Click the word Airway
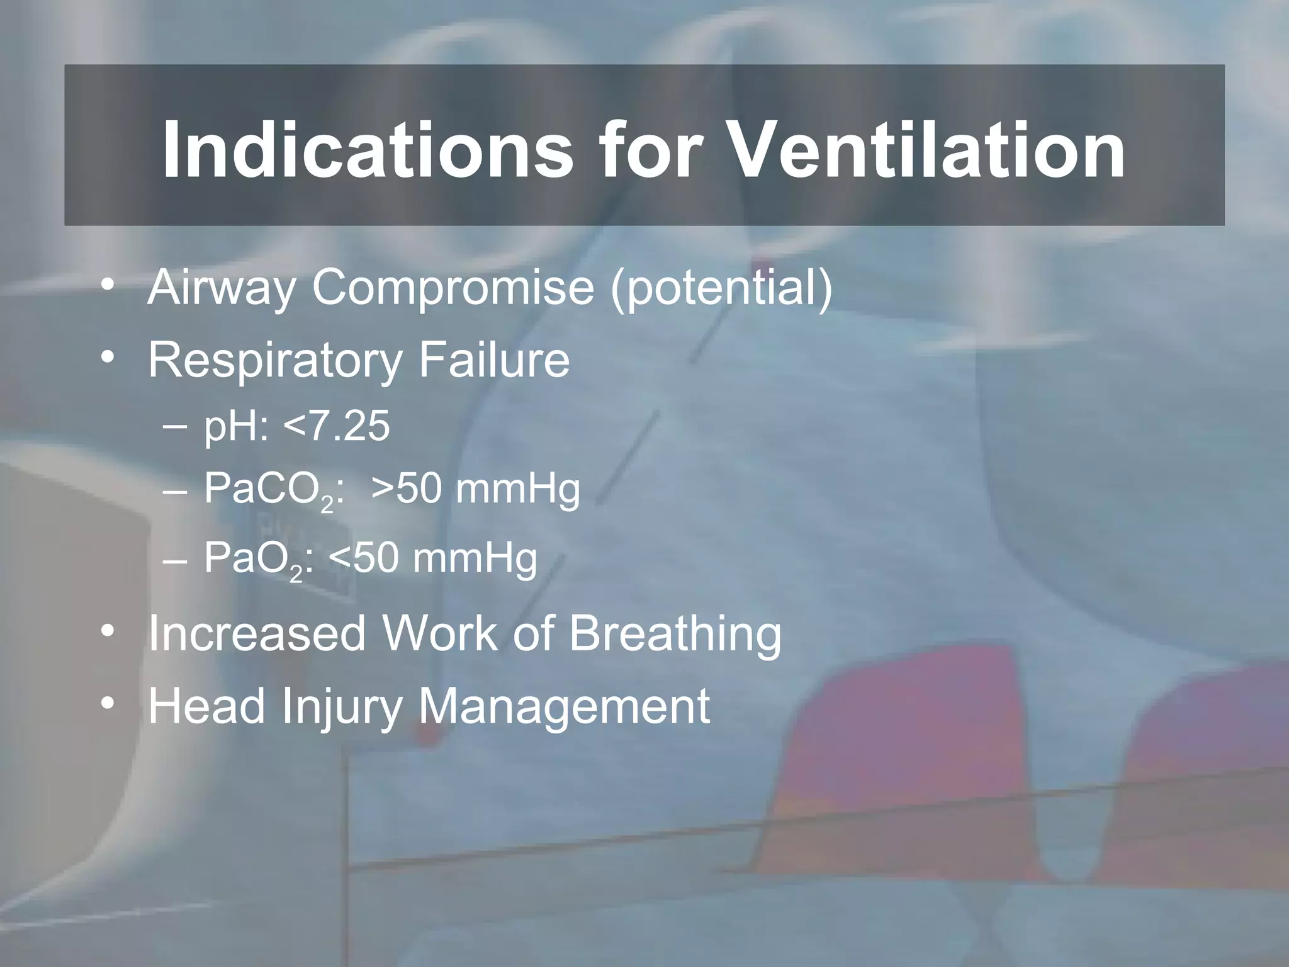(x=222, y=288)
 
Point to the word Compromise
(x=453, y=288)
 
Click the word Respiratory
(x=275, y=361)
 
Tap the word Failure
(x=494, y=360)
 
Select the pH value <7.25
(x=337, y=426)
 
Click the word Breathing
(x=675, y=634)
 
